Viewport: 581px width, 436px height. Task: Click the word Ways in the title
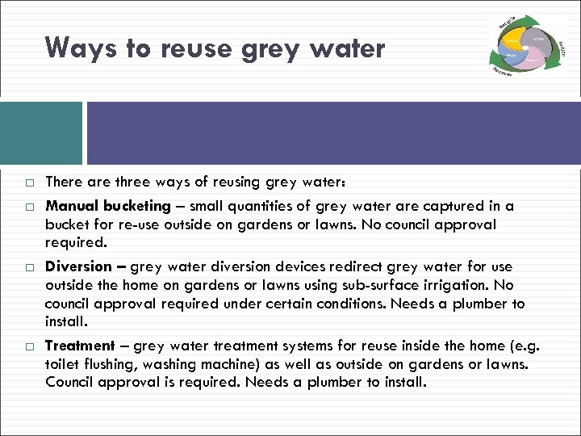tap(75, 48)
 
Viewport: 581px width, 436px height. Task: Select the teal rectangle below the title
tap(41, 133)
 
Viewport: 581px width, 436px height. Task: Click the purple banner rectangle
tap(333, 133)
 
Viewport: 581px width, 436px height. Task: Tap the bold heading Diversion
tap(78, 266)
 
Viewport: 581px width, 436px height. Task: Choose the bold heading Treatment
tap(79, 346)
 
